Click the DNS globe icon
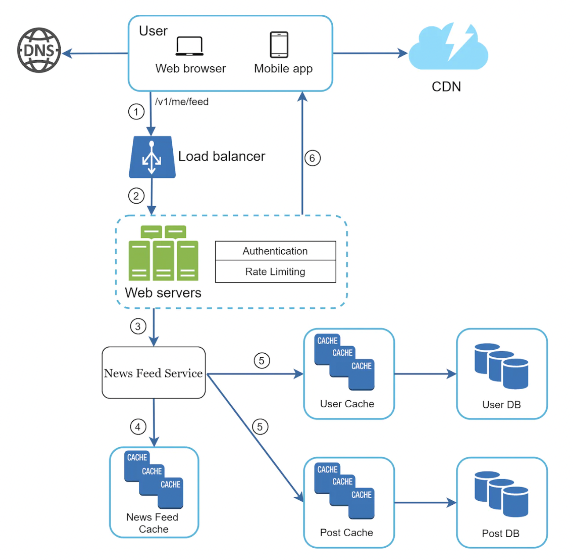(39, 50)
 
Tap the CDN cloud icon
(448, 48)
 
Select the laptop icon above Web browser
(189, 46)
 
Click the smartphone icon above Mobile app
(279, 45)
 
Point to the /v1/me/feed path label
(182, 102)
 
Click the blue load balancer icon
(152, 157)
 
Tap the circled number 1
(136, 112)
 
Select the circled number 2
(136, 196)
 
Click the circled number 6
(312, 158)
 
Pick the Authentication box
(276, 251)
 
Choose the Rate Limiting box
(276, 272)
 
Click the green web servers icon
(163, 253)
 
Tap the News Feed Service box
(153, 373)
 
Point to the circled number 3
(138, 327)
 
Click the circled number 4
(138, 427)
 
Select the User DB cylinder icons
(501, 366)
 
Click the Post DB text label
(501, 533)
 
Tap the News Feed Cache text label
(153, 523)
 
